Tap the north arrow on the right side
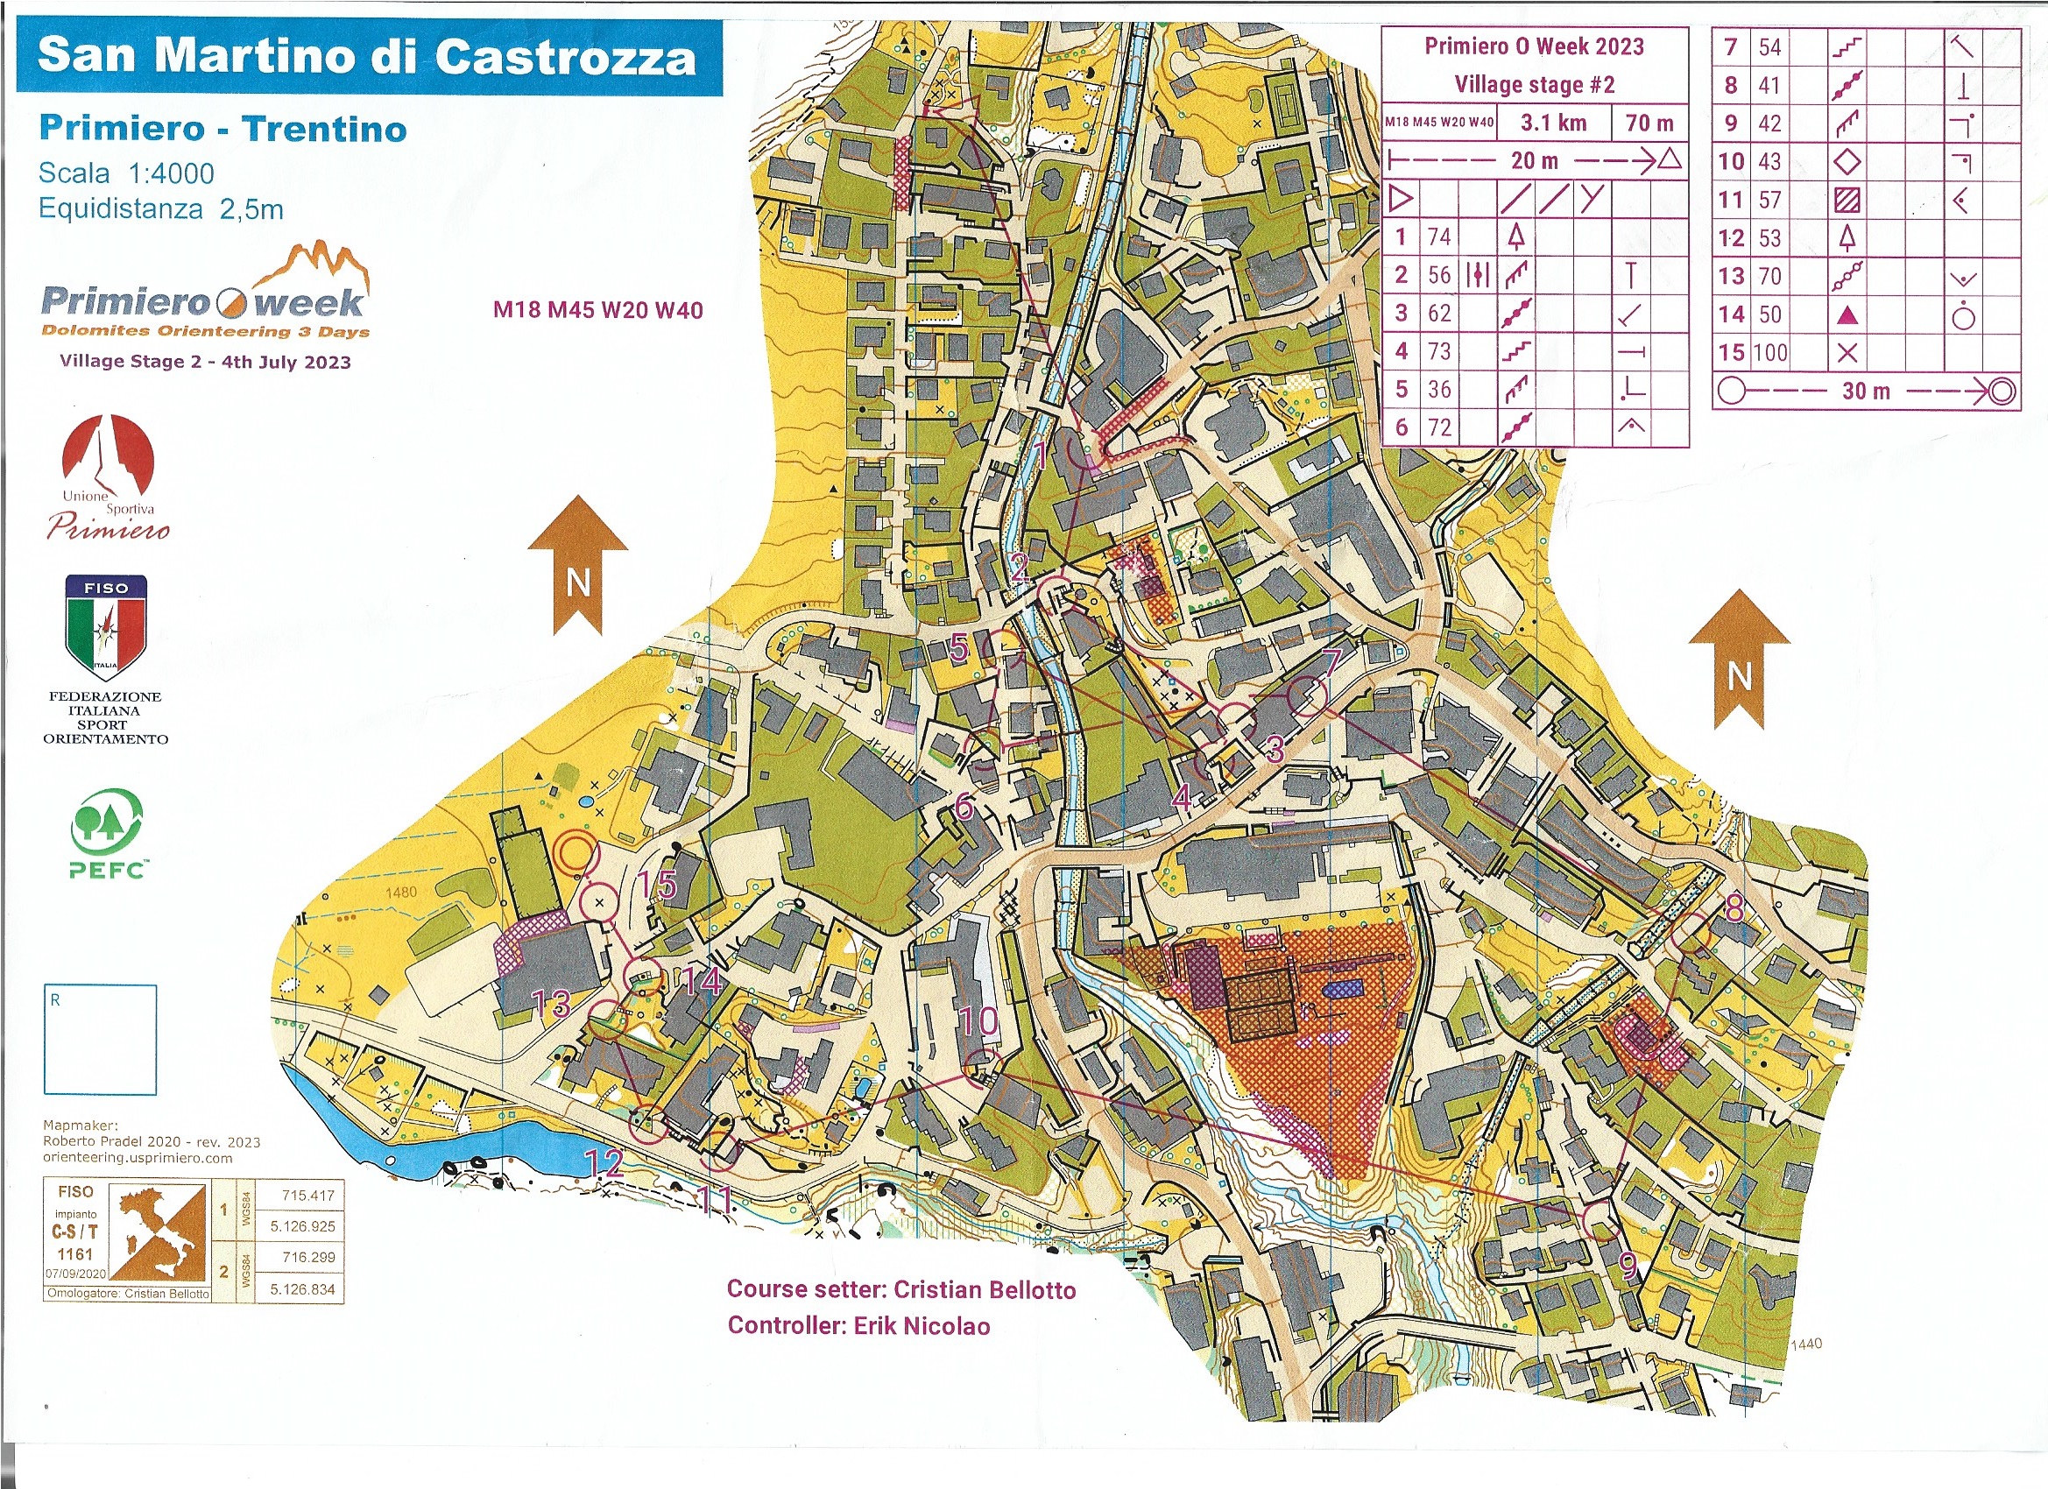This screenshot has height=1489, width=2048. pos(1738,660)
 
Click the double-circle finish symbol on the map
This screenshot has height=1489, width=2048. pos(576,852)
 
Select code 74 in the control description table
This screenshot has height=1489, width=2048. pos(1438,237)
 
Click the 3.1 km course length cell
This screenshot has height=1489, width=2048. pos(1552,123)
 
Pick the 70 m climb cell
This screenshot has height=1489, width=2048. pos(1649,123)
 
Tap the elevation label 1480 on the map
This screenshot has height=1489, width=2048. pos(401,893)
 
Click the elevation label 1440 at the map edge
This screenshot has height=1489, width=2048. pos(1806,1344)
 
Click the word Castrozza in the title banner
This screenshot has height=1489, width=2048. pos(565,57)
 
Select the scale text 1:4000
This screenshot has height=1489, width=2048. pos(171,173)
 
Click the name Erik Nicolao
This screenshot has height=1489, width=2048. pos(921,1325)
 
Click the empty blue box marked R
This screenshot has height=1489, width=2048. pos(100,1040)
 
